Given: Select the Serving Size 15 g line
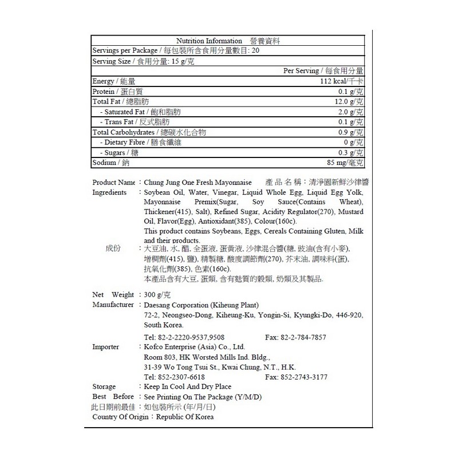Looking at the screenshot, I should click(x=143, y=61).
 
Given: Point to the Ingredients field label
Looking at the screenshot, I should click(x=109, y=192).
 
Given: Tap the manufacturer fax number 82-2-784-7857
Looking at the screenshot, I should click(x=303, y=337).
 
